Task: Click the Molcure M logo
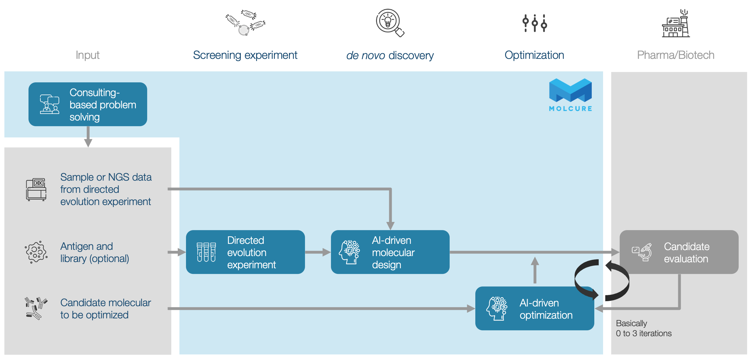pyautogui.click(x=570, y=90)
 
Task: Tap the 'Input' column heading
pyautogui.click(x=87, y=55)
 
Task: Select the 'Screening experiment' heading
pyautogui.click(x=245, y=55)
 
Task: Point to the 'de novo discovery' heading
pyautogui.click(x=390, y=55)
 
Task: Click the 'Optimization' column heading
pyautogui.click(x=534, y=55)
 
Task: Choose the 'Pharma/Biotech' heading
pyautogui.click(x=676, y=55)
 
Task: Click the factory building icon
pyautogui.click(x=676, y=23)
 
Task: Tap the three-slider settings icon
pyautogui.click(x=535, y=23)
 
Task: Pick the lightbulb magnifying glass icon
pyautogui.click(x=390, y=23)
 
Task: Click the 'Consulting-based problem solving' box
pyautogui.click(x=88, y=104)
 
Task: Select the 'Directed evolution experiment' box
pyautogui.click(x=245, y=252)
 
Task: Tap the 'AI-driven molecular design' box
pyautogui.click(x=390, y=252)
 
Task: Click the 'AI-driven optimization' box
pyautogui.click(x=535, y=308)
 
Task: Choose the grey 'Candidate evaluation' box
pyautogui.click(x=679, y=252)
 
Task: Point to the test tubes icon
pyautogui.click(x=206, y=252)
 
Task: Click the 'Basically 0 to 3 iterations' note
pyautogui.click(x=643, y=328)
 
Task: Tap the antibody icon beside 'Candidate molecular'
pyautogui.click(x=36, y=308)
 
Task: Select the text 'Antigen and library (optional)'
pyautogui.click(x=95, y=252)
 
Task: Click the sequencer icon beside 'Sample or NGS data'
pyautogui.click(x=36, y=189)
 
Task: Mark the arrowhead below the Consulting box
pyautogui.click(x=88, y=143)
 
